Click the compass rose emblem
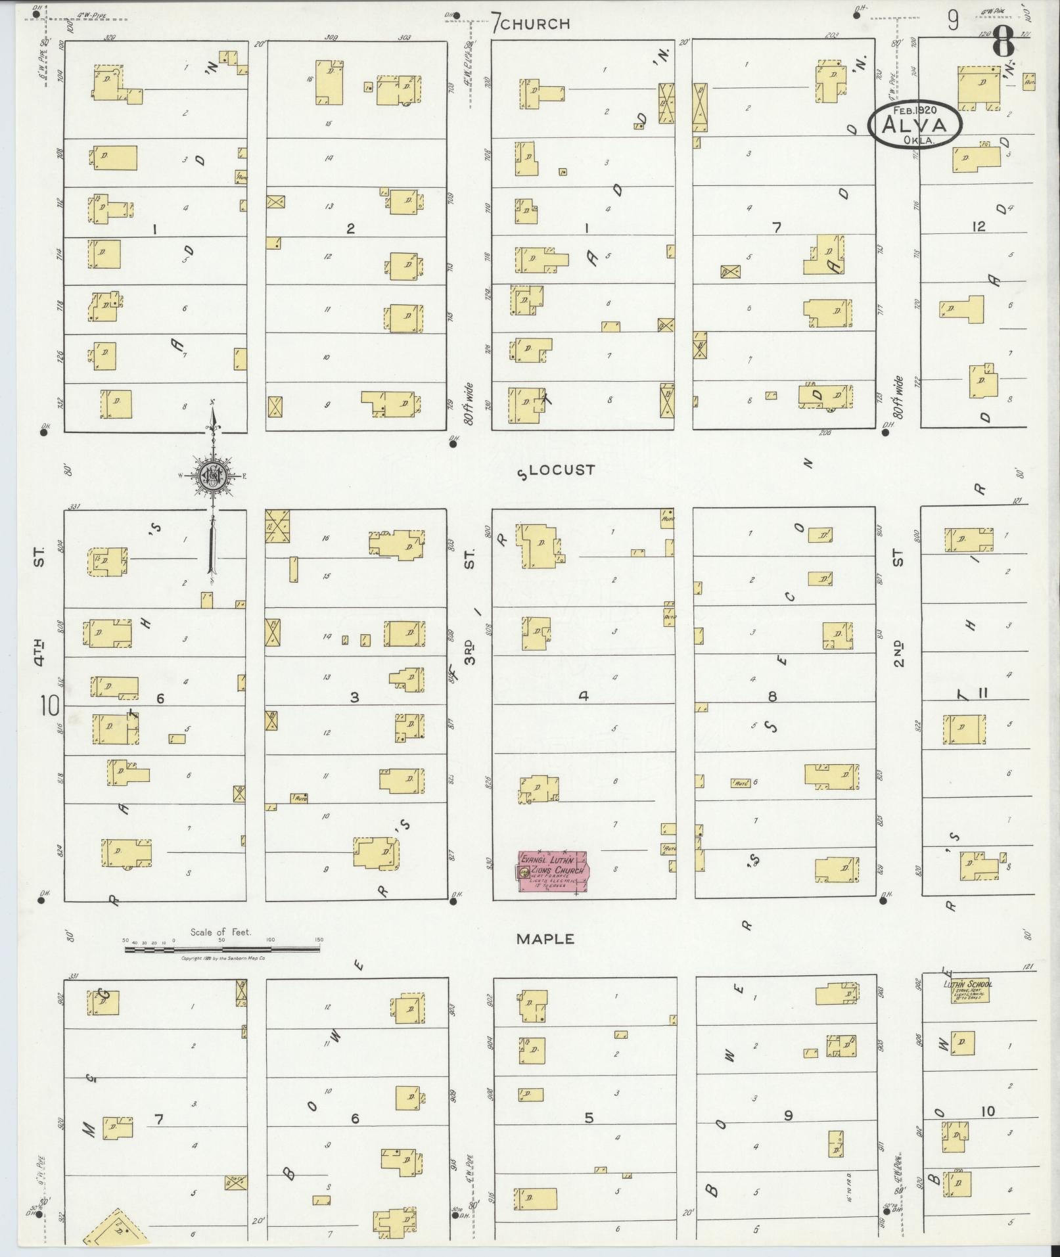[x=213, y=475]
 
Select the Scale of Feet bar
[x=221, y=949]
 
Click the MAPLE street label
[x=545, y=939]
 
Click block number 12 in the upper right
[x=979, y=226]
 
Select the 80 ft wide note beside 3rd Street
[x=469, y=403]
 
